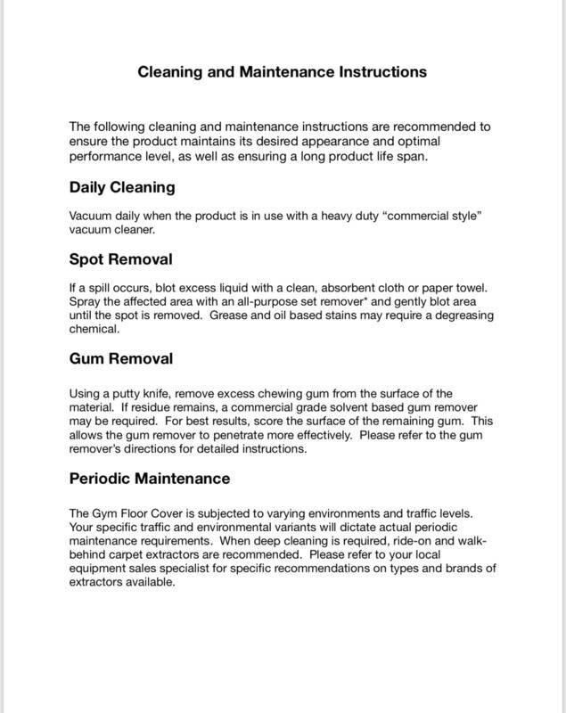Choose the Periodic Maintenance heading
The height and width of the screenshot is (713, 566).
[150, 479]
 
